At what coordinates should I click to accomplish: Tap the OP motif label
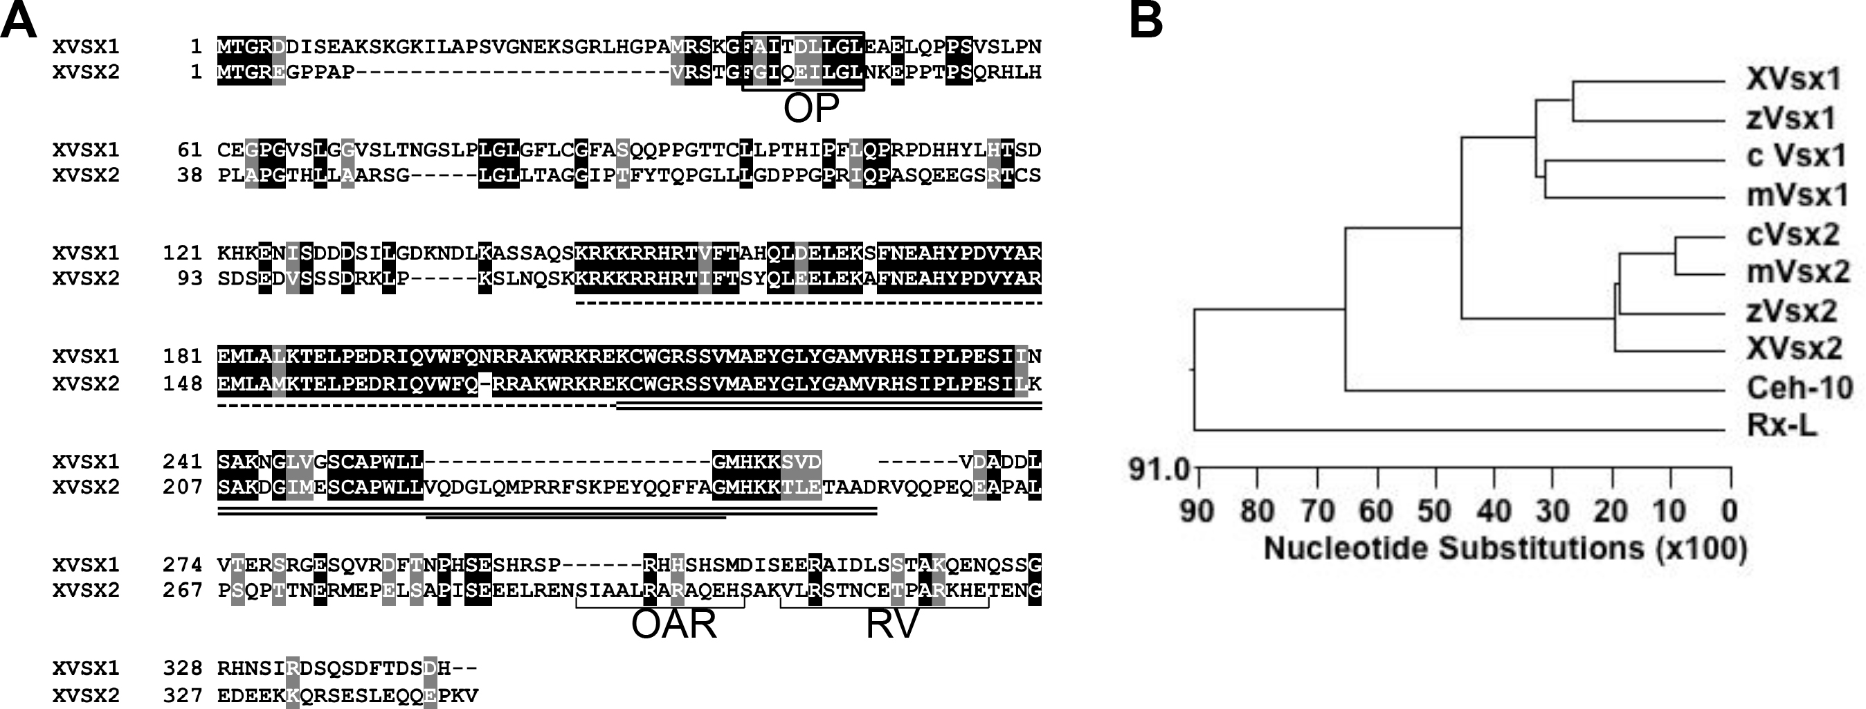(810, 108)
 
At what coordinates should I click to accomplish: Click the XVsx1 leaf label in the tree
(1793, 80)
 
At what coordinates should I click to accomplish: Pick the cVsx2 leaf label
(1793, 234)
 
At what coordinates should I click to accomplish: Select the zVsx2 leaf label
(1791, 311)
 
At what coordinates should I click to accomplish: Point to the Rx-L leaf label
(1782, 426)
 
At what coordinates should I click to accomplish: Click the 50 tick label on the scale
(1434, 511)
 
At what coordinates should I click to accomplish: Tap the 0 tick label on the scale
(1729, 511)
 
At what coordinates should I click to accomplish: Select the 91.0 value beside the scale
(1159, 469)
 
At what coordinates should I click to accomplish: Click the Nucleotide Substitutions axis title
(1505, 549)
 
